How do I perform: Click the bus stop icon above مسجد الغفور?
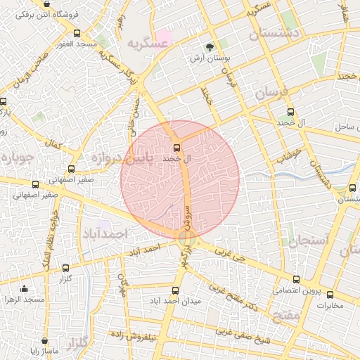coord(77,33)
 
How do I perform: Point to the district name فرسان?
coord(270,92)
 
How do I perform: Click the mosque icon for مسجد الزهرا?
coord(25,288)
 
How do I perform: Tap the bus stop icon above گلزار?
coord(65,268)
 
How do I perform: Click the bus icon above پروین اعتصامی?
coord(295,279)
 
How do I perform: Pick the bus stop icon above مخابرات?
coord(330,296)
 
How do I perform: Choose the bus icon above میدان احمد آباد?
coord(175,290)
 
